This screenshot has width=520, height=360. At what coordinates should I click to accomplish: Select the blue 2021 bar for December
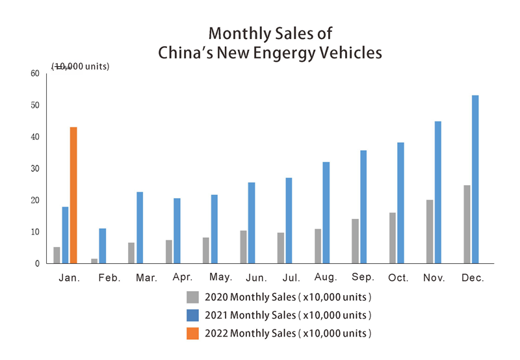click(x=475, y=179)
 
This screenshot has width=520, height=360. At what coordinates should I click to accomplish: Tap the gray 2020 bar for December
click(x=467, y=224)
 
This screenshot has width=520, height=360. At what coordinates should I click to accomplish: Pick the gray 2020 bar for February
click(x=94, y=261)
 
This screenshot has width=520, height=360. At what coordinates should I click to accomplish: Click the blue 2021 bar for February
click(x=103, y=246)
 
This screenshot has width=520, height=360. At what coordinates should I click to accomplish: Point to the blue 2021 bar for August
click(x=326, y=212)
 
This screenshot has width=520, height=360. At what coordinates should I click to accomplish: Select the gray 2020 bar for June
click(x=243, y=247)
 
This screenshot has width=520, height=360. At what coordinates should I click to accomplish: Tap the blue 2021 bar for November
click(x=438, y=192)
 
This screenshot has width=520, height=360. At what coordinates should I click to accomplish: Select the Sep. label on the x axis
click(x=363, y=277)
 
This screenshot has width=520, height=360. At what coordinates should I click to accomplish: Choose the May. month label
click(x=221, y=277)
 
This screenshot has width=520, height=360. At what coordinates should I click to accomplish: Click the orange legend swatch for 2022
click(x=192, y=333)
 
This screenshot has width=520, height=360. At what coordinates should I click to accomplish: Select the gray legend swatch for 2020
click(x=192, y=297)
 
